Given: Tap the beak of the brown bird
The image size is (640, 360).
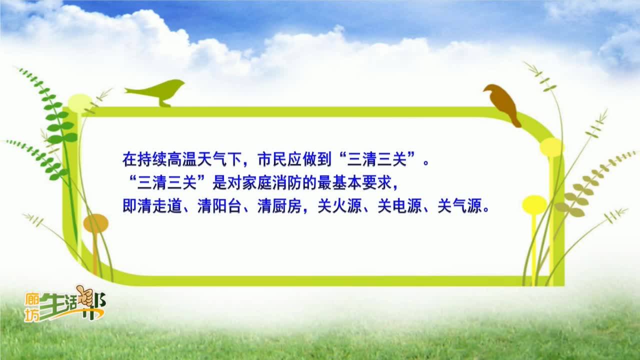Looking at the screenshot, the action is (x=484, y=90).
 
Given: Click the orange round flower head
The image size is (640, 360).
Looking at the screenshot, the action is (x=96, y=223).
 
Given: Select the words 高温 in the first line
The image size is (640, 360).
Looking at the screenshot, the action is (x=182, y=159).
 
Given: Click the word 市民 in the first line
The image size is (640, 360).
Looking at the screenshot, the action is (x=272, y=159).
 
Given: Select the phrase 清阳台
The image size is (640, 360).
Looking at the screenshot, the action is (x=219, y=205).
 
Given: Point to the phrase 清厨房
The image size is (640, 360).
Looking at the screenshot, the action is (x=279, y=205).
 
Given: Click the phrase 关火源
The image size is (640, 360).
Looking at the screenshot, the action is (x=339, y=205).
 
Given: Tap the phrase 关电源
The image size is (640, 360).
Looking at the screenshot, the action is (x=399, y=205).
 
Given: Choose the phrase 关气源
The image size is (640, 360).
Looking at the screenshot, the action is (x=459, y=205).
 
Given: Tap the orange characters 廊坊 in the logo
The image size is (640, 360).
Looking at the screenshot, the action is (x=31, y=307).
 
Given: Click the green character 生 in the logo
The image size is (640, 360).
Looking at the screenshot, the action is (x=52, y=306).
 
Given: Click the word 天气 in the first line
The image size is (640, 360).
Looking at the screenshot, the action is (x=212, y=159).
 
